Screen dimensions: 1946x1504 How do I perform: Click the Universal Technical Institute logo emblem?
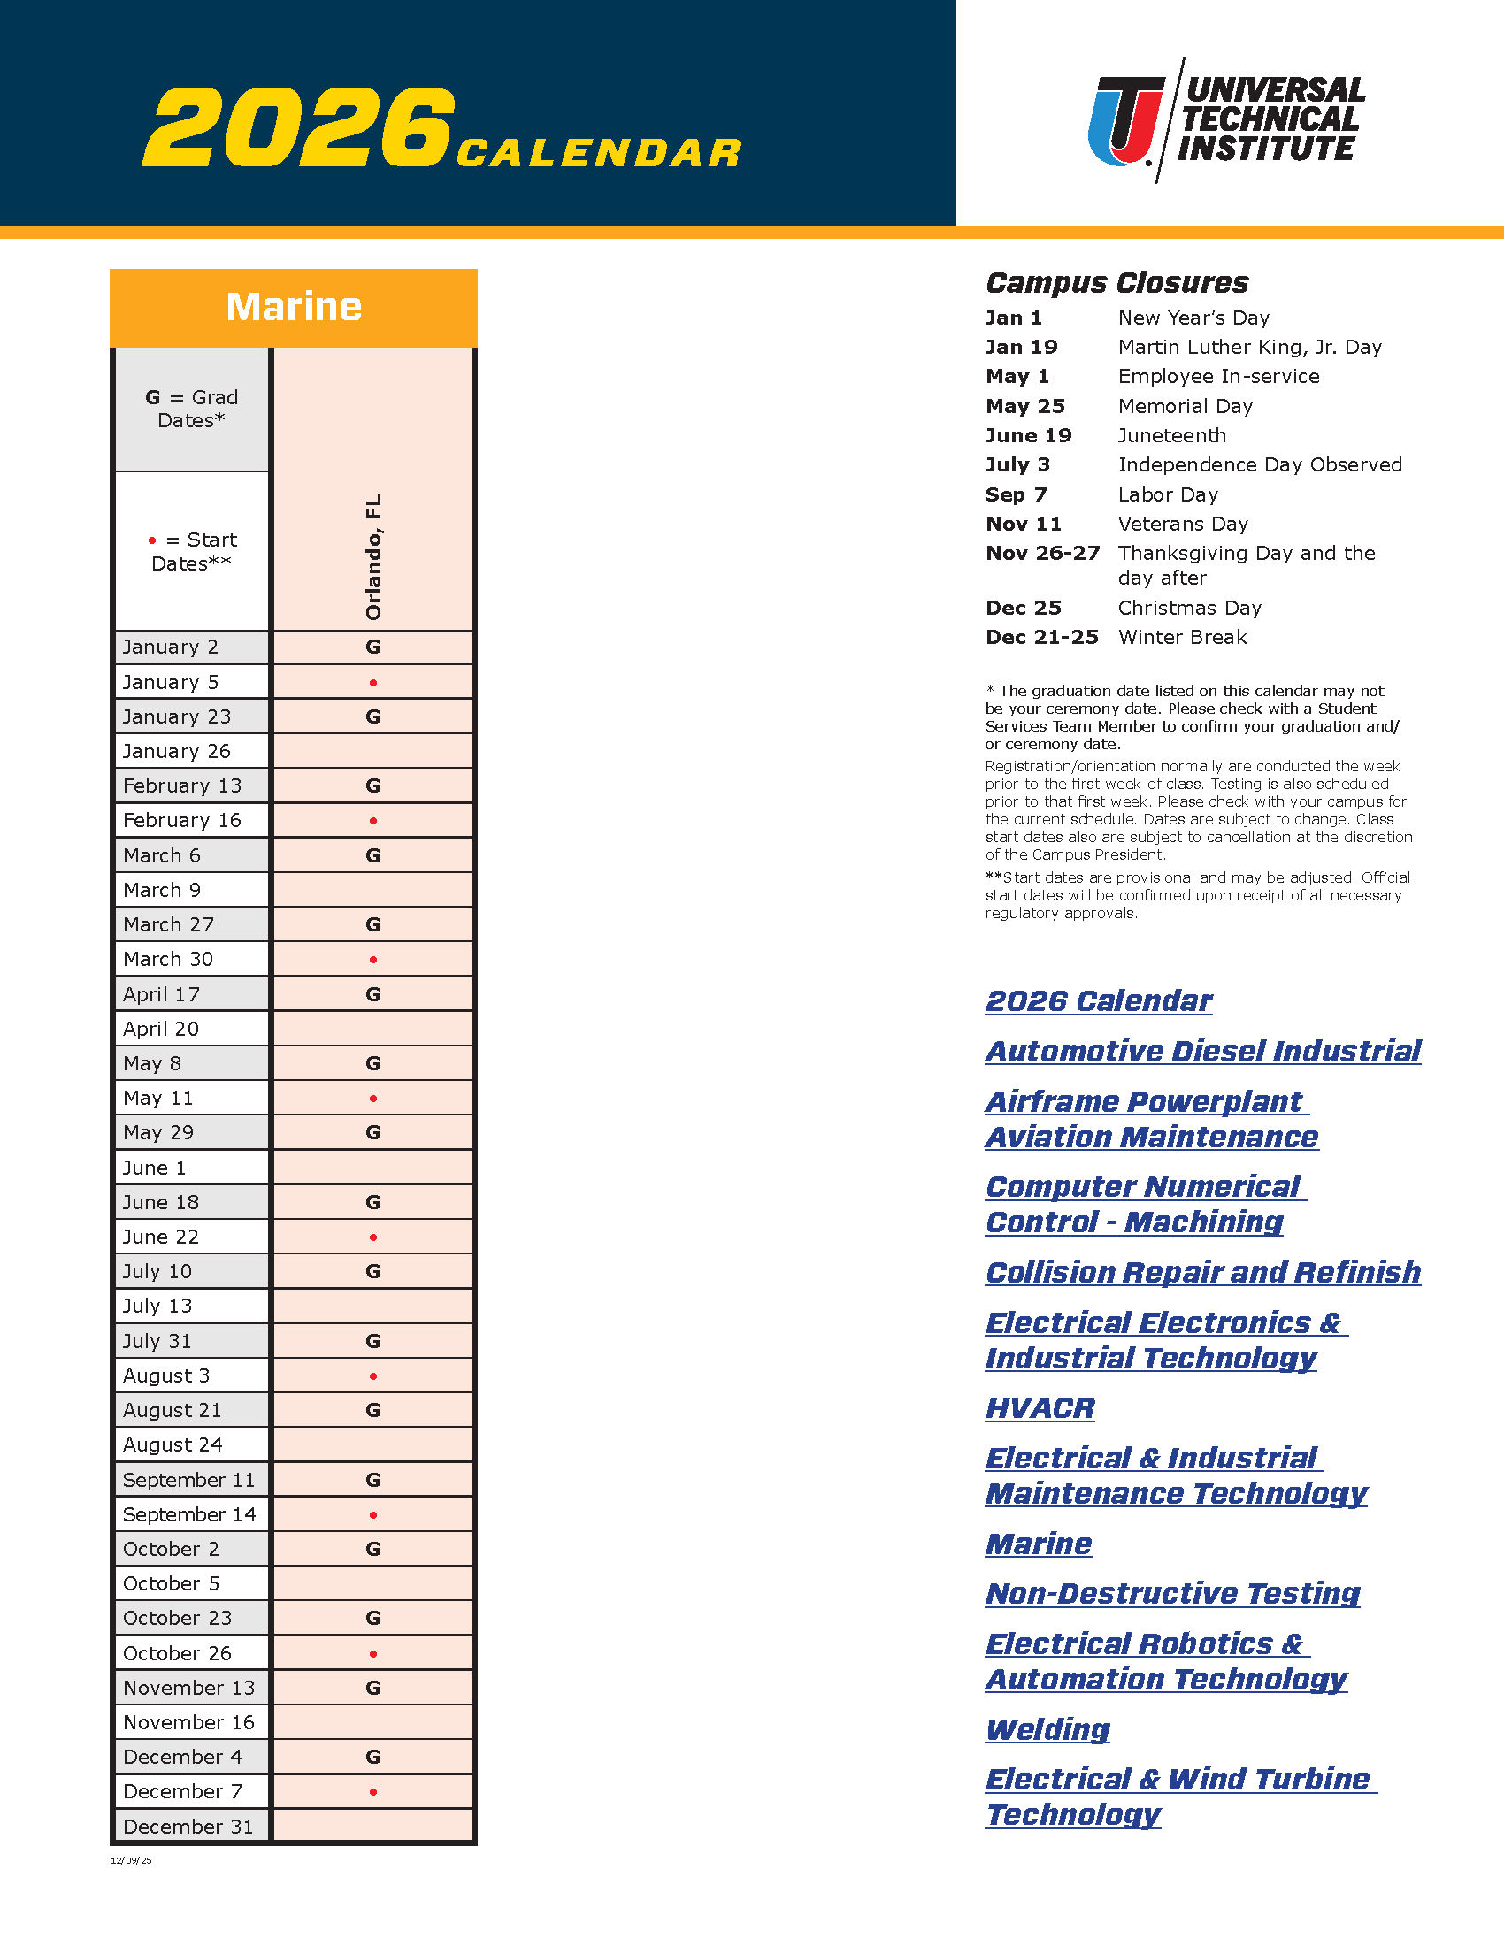point(1126,121)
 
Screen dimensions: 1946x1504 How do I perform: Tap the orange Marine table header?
point(293,308)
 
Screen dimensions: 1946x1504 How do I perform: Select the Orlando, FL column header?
point(373,557)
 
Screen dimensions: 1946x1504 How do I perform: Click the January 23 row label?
point(176,716)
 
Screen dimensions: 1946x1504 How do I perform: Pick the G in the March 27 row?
point(373,925)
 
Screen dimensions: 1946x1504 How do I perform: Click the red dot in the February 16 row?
point(373,821)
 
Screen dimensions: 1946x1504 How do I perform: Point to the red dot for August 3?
point(373,1376)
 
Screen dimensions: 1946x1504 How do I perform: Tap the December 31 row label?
point(188,1827)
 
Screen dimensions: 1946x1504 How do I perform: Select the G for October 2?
point(373,1550)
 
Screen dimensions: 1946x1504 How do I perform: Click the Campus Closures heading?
point(1116,283)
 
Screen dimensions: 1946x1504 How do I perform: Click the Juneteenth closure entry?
point(1171,436)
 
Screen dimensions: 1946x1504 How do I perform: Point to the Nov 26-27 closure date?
point(1042,554)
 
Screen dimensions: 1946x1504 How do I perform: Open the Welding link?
point(1047,1729)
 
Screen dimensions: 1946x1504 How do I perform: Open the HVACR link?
point(1040,1408)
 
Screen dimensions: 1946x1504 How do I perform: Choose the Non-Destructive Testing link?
point(1172,1593)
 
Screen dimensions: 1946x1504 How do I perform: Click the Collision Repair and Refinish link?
point(1203,1272)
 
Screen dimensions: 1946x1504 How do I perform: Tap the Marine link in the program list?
point(1039,1544)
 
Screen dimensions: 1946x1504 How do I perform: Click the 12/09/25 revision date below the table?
point(131,1860)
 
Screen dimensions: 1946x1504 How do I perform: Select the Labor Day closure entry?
point(1167,494)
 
